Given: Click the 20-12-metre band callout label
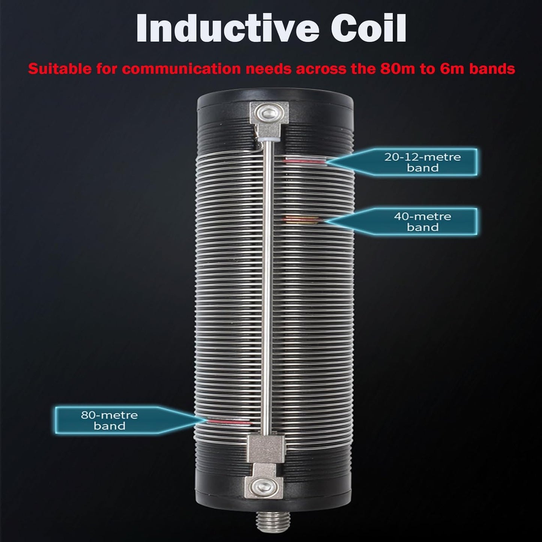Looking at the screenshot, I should pos(422,162).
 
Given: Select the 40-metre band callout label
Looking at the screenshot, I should pos(422,222).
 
